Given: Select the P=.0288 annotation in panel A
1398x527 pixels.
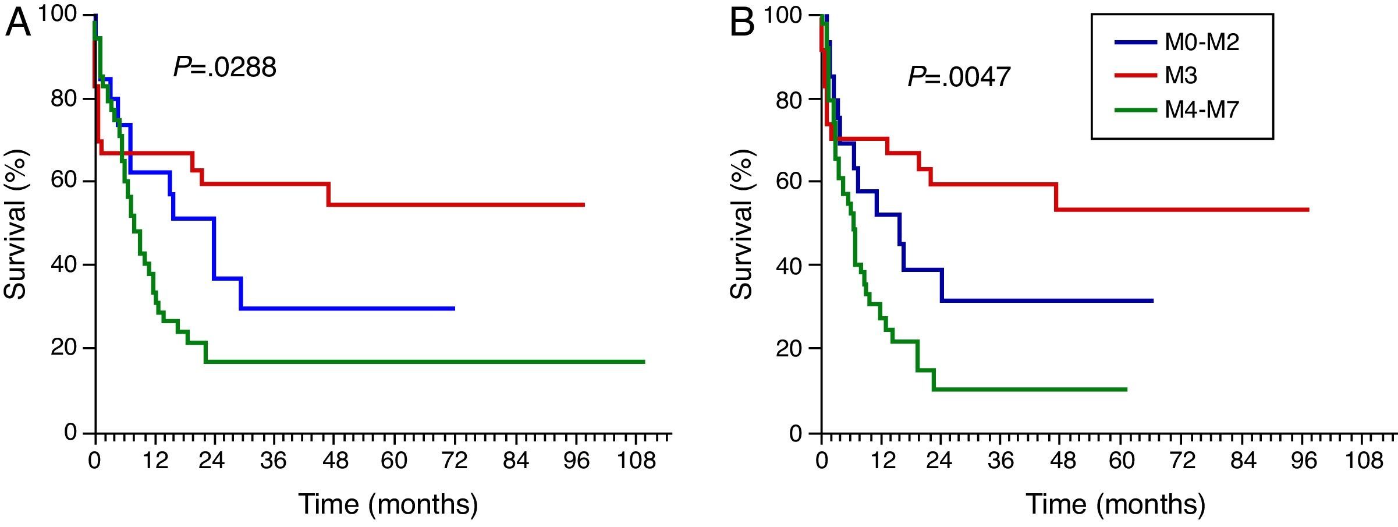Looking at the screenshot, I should pos(225,68).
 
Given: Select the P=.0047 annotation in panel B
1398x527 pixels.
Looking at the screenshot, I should pos(959,76).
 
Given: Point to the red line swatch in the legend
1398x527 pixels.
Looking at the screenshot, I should pos(1135,76).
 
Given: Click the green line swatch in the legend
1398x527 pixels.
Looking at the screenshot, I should pos(1135,109).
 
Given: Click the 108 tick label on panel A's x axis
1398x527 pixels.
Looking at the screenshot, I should pos(637,461).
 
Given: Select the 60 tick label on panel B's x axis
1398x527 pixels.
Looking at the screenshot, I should pos(1122,461).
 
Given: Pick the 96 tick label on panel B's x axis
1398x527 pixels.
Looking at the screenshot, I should pos(1303,461).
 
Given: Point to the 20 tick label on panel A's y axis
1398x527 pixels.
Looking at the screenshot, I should pos(64,348).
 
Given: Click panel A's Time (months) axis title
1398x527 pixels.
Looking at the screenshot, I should pos(388,504).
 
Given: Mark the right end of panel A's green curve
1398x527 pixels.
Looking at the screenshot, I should pos(644,362).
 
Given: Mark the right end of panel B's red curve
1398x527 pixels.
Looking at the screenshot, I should pos(1308,210).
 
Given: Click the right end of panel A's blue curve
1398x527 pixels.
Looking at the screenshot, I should pos(453,308).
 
